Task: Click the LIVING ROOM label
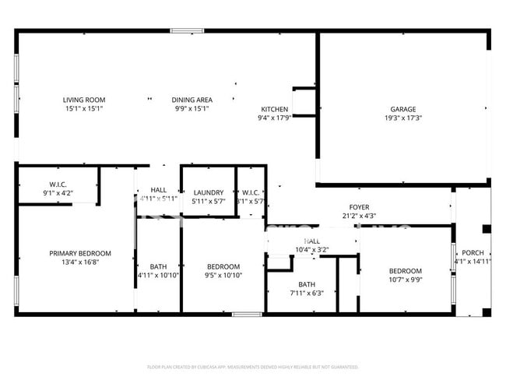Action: point(84,100)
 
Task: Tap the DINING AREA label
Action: point(192,100)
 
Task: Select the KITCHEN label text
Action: point(274,110)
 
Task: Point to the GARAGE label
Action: point(402,110)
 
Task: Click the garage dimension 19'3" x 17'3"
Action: point(402,118)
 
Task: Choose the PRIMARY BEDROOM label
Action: point(79,253)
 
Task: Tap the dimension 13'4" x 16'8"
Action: point(79,262)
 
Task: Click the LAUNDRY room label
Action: point(209,192)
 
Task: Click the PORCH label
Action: point(473,253)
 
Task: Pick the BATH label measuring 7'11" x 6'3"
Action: point(307,284)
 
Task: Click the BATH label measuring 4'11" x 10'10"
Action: point(158,266)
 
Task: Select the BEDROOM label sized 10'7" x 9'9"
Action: point(405,271)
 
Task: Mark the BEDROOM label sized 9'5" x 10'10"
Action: point(223,266)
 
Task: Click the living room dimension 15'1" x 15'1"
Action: point(84,109)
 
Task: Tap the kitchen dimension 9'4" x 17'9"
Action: point(274,118)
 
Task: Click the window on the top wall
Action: point(187,31)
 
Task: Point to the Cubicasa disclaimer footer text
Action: point(253,366)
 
